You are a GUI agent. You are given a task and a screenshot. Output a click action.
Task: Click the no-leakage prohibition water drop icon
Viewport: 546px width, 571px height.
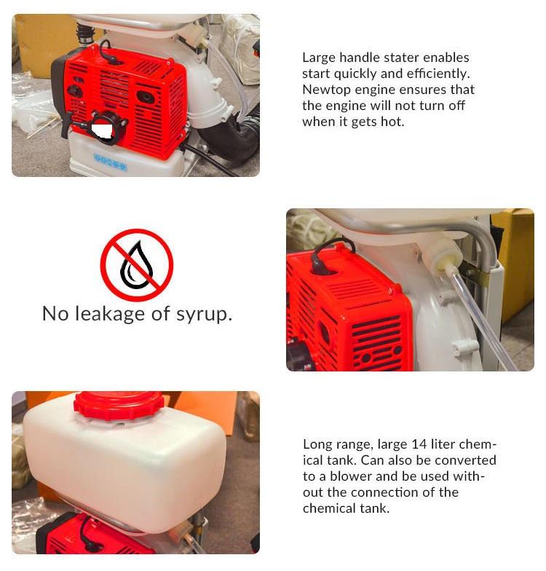click(x=137, y=265)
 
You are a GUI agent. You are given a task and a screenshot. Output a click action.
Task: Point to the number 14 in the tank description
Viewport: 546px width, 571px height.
click(x=419, y=444)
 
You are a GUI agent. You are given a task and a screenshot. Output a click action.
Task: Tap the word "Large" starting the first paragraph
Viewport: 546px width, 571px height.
click(x=319, y=58)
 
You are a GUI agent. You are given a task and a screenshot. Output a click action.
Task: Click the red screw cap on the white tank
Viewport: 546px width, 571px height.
click(x=117, y=404)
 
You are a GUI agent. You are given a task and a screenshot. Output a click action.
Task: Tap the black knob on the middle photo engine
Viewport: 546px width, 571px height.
click(x=300, y=353)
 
